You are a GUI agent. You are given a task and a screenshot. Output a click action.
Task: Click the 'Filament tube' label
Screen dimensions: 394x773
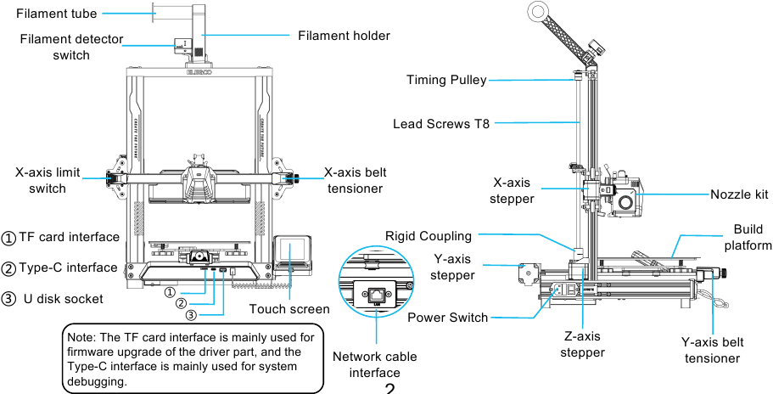[x=56, y=14]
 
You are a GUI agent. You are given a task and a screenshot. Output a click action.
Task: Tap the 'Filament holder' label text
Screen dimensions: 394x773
[x=344, y=36]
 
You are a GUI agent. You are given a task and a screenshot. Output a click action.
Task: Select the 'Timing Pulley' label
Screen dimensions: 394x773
[x=446, y=81]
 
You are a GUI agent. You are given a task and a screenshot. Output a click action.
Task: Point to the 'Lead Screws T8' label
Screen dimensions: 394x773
[x=441, y=124]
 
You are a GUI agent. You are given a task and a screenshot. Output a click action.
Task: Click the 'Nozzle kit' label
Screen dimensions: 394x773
[x=739, y=194]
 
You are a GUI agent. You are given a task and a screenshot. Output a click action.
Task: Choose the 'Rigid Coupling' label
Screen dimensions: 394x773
[x=430, y=235]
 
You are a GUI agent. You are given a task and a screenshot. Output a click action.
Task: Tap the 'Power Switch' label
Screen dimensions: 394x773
[x=447, y=318]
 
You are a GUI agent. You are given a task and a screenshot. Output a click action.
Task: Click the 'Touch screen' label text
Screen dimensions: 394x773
[x=288, y=309]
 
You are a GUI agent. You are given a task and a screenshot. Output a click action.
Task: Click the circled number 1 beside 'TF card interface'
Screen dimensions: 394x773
[x=8, y=238]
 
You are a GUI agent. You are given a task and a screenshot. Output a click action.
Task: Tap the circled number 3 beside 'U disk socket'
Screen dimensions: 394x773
[x=8, y=299]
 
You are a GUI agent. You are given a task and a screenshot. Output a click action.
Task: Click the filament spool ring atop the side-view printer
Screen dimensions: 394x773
[x=536, y=11]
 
